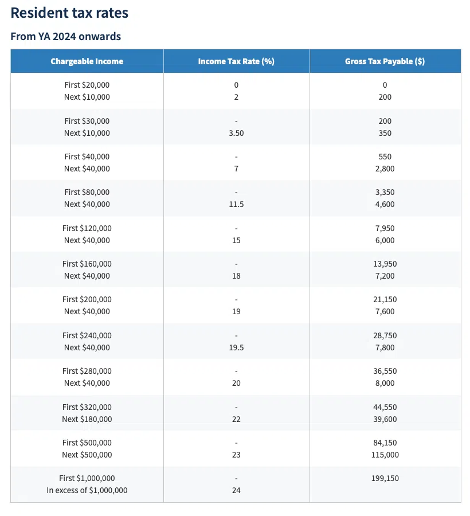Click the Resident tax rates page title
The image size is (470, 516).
[x=69, y=13]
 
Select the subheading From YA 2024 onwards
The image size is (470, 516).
[x=66, y=37]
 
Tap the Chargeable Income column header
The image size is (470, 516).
[x=87, y=61]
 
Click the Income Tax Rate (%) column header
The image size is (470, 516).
[x=236, y=61]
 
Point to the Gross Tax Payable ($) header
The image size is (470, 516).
[x=385, y=61]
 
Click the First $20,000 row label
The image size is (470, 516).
[x=87, y=85]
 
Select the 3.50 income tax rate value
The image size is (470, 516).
[x=236, y=133]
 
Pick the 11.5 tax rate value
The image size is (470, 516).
[x=236, y=204]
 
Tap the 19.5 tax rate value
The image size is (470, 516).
[x=236, y=347]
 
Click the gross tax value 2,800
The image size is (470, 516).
[x=385, y=169]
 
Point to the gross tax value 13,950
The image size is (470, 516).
[x=385, y=264]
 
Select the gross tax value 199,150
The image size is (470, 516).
[x=385, y=478]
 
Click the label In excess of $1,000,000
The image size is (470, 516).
[x=87, y=490]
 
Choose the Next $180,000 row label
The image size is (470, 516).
[x=87, y=419]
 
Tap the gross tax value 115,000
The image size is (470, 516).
[x=385, y=455]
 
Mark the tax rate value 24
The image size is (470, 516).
[x=236, y=490]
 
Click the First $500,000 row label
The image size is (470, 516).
[x=87, y=443]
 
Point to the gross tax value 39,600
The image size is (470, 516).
[x=385, y=419]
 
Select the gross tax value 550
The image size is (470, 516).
[x=385, y=157]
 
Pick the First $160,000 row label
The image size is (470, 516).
[x=87, y=264]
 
